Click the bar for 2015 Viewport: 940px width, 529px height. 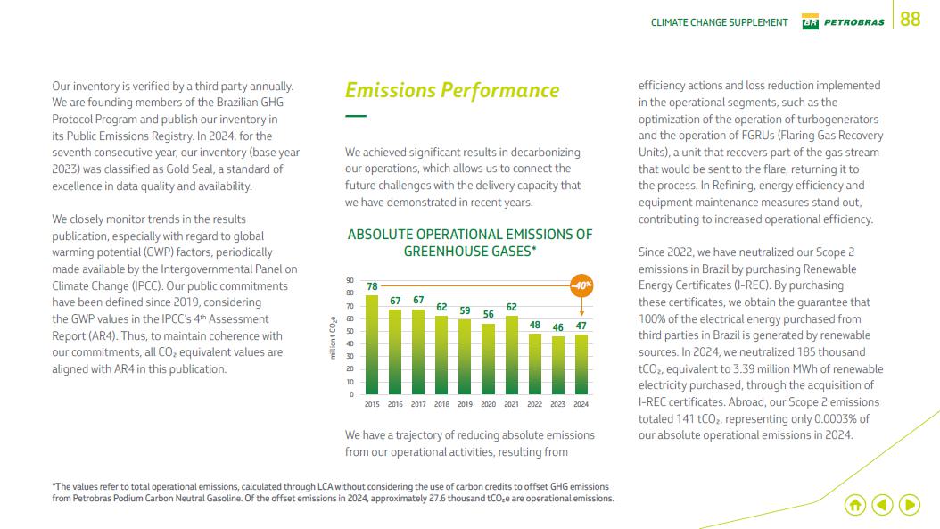372,345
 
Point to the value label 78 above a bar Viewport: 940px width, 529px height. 372,286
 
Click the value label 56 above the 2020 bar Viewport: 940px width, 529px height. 488,315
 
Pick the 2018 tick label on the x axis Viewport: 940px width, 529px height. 441,404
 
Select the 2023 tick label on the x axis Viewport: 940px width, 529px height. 557,404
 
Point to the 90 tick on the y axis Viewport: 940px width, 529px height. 350,281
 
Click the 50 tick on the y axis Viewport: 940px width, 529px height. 350,332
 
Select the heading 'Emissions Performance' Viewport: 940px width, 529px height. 452,90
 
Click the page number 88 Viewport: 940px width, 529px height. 910,20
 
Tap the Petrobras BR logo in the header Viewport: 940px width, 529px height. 810,22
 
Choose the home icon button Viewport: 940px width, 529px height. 854,505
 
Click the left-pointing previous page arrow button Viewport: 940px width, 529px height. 882,505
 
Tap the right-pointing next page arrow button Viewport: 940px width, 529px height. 910,505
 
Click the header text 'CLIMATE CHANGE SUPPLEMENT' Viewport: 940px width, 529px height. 719,22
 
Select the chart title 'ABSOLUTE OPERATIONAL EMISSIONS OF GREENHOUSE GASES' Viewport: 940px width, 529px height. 469,243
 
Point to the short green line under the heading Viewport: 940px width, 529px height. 356,116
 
